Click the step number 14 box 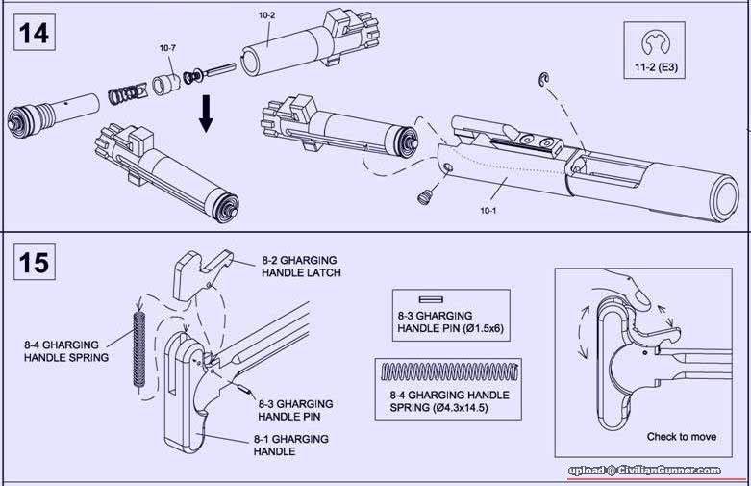pos(34,34)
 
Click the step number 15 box pos(34,262)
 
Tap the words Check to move pos(681,437)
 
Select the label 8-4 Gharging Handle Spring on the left pos(66,349)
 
